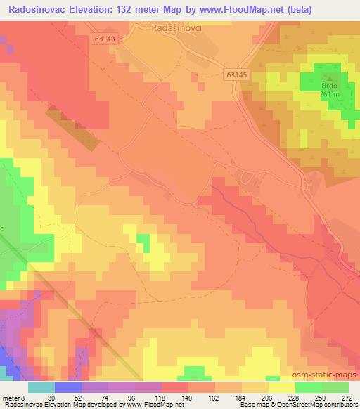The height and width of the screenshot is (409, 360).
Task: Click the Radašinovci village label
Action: [x=176, y=29]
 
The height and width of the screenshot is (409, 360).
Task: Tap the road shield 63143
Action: [x=104, y=40]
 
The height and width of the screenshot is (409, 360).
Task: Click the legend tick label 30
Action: [x=51, y=397]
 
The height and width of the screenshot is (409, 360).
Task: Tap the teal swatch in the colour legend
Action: [x=41, y=387]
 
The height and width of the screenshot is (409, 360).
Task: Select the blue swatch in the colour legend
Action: [x=68, y=387]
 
